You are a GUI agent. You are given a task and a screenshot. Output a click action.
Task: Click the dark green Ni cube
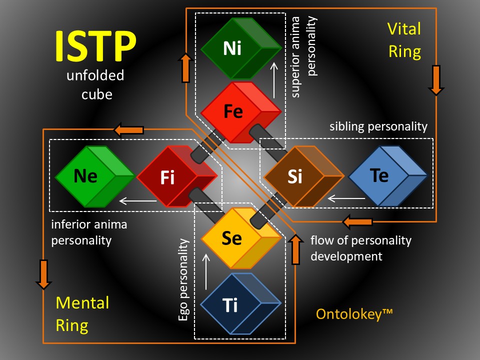pos(241,48)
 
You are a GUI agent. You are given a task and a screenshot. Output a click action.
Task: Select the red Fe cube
pos(241,111)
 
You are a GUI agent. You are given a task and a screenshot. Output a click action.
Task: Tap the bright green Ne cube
pos(95,176)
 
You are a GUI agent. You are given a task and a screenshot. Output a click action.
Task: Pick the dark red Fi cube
pos(177,176)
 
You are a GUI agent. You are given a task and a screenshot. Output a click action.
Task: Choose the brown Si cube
pos(303,176)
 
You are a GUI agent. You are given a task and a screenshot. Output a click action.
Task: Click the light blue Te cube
pos(387,175)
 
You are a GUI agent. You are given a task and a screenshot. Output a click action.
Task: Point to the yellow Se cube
pos(241,238)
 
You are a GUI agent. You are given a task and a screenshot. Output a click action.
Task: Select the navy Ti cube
pos(241,303)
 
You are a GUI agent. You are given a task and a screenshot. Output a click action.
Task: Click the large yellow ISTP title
pos(95,46)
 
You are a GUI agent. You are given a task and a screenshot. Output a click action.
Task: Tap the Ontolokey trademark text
pos(354,314)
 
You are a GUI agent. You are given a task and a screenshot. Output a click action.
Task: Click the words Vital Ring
pos(404,40)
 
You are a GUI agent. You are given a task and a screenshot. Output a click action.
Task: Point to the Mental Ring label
pos(82,314)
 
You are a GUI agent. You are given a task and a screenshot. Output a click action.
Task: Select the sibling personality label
pos(378,126)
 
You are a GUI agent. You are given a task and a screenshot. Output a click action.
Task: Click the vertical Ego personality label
pos(183,279)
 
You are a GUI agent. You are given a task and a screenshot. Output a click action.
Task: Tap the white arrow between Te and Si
pos(346,198)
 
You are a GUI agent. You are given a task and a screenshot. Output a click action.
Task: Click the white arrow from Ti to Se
pos(206,271)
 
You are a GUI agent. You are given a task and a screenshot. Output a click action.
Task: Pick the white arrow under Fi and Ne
pos(138,201)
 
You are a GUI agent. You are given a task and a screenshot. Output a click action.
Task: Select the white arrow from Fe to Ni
pos(274,80)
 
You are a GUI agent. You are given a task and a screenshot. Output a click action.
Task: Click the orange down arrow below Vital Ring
pos(436,80)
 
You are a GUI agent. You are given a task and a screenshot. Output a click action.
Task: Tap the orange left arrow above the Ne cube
pos(128,130)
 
